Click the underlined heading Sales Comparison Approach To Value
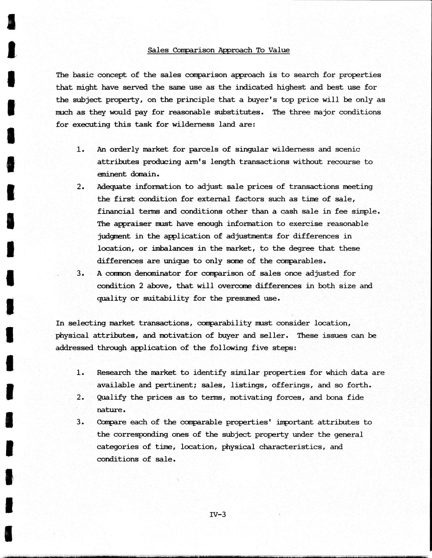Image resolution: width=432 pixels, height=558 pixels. pos(218,50)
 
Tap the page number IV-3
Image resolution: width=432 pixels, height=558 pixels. pos(218,515)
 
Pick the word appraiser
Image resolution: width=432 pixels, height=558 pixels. pos(131,224)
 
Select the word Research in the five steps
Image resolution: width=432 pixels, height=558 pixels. pos(113,373)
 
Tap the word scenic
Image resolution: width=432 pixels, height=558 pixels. pos(347,149)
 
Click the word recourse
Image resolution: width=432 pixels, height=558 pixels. pos(341,162)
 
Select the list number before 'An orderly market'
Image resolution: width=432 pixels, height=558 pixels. pos(80,150)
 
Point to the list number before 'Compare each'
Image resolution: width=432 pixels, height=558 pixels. pos(80,423)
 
